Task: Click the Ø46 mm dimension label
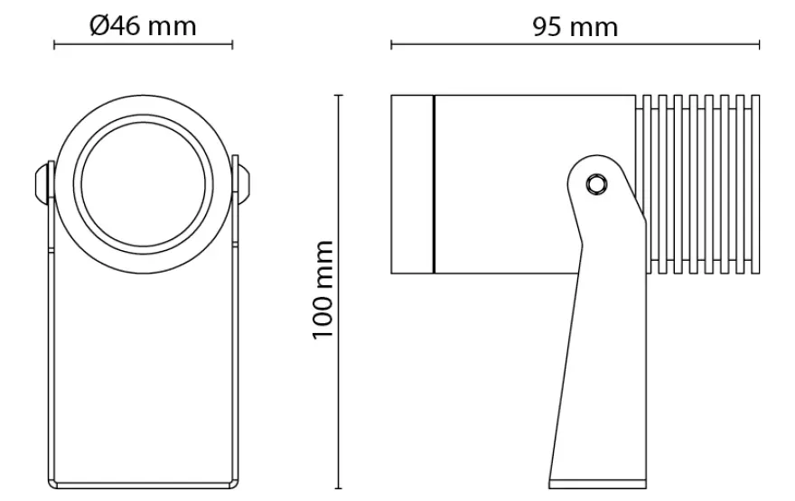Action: point(143,26)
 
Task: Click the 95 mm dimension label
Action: point(575,27)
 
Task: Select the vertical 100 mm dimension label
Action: point(323,291)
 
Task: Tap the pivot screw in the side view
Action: point(596,184)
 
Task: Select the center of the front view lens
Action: point(143,184)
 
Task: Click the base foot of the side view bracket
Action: point(597,484)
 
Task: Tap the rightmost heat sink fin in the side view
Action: point(755,184)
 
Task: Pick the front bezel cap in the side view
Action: point(412,184)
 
